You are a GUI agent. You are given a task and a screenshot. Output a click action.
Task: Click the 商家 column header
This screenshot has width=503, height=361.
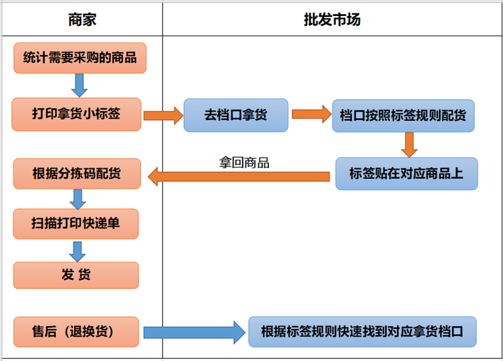pyautogui.click(x=82, y=20)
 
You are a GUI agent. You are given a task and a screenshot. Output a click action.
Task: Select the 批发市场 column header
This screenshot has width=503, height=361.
pyautogui.click(x=332, y=20)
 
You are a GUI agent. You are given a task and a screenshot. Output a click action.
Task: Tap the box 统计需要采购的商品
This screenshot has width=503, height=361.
pyautogui.click(x=80, y=58)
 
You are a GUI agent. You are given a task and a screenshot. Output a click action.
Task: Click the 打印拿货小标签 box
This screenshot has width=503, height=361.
pyautogui.click(x=76, y=114)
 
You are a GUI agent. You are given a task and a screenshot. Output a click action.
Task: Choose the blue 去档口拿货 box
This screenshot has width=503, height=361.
pyautogui.click(x=235, y=115)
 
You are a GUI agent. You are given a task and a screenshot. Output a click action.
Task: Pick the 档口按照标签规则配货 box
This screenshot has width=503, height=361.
pyautogui.click(x=403, y=115)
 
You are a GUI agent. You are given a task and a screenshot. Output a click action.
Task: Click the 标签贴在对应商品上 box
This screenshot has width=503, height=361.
pyautogui.click(x=406, y=173)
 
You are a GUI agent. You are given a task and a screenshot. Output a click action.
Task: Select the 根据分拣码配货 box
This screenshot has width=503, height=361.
pyautogui.click(x=77, y=173)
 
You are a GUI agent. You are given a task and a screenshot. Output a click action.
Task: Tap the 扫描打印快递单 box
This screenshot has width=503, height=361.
pyautogui.click(x=76, y=223)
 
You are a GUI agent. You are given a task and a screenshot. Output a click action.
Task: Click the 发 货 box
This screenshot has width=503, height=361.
pyautogui.click(x=76, y=275)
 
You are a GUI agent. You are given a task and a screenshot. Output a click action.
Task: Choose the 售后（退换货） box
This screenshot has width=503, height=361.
pyautogui.click(x=76, y=330)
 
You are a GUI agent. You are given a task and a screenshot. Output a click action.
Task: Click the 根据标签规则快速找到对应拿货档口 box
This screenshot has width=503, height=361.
pyautogui.click(x=362, y=330)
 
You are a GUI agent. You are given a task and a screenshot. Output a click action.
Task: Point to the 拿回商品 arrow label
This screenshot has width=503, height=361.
pyautogui.click(x=245, y=163)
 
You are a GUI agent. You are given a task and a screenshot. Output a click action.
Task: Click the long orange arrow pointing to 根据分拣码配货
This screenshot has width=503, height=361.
pyautogui.click(x=238, y=177)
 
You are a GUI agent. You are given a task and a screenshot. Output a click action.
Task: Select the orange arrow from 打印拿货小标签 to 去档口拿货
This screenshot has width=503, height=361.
pyautogui.click(x=162, y=115)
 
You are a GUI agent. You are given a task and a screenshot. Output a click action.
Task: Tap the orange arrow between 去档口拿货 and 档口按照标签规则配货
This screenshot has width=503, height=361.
pyautogui.click(x=311, y=113)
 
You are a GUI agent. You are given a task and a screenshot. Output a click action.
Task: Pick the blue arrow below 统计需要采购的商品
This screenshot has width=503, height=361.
pyautogui.click(x=79, y=84)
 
